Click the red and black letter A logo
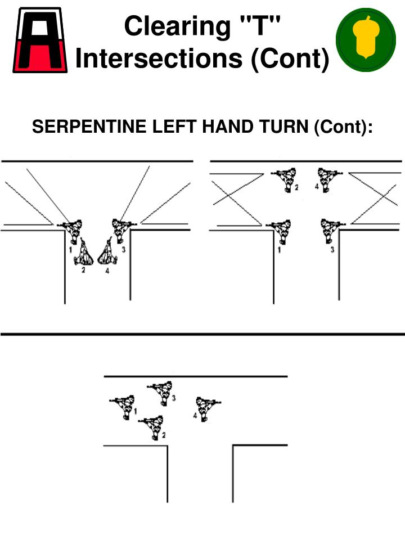40,39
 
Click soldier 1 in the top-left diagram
72,231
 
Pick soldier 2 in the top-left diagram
84,254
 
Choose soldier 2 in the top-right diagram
287,178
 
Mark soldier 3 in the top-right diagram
330,231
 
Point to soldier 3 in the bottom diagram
163,391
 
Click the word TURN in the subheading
287,128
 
